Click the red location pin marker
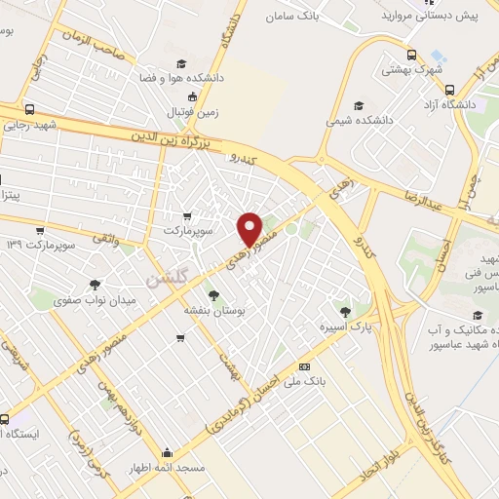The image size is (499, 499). click(x=250, y=229)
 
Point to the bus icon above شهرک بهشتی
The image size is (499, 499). click(x=412, y=55)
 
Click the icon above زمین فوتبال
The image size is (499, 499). click(x=193, y=96)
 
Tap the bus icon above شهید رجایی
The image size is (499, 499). click(x=30, y=110)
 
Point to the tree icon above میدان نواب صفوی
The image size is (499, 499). click(x=95, y=286)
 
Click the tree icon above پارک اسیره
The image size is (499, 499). click(x=344, y=311)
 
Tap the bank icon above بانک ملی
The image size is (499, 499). click(x=305, y=366)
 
